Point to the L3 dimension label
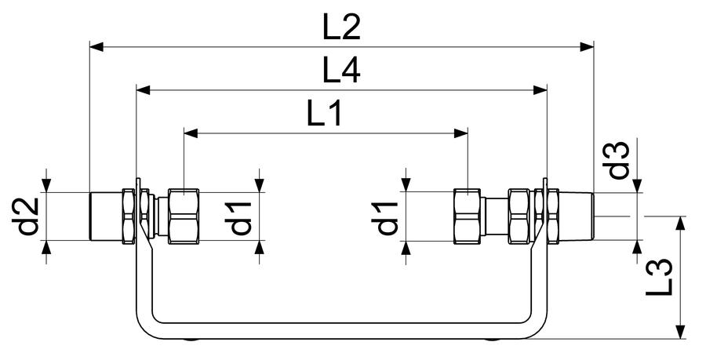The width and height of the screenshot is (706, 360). coord(659,278)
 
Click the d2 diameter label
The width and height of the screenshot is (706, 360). coord(28,217)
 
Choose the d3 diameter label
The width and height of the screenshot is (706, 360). coord(616,160)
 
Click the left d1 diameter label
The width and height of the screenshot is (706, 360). coord(242,218)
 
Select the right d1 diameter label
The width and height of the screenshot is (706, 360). coord(388,218)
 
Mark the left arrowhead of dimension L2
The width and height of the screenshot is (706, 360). coord(96,47)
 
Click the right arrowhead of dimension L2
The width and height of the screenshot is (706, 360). coord(587,47)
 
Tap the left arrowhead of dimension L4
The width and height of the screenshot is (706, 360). coord(144,90)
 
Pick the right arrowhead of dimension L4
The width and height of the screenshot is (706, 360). coord(540,90)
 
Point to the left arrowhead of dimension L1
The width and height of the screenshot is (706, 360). coord(191,133)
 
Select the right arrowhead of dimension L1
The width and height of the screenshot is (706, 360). coord(461,133)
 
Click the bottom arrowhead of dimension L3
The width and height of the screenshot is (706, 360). coord(681,332)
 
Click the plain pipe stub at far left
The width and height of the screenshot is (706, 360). coord(106,216)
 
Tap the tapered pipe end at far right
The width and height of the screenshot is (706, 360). coord(577,216)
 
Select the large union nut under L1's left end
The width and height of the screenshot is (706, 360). coord(184,216)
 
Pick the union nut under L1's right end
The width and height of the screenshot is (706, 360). coord(468,216)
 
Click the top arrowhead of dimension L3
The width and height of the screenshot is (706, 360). coord(681,224)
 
